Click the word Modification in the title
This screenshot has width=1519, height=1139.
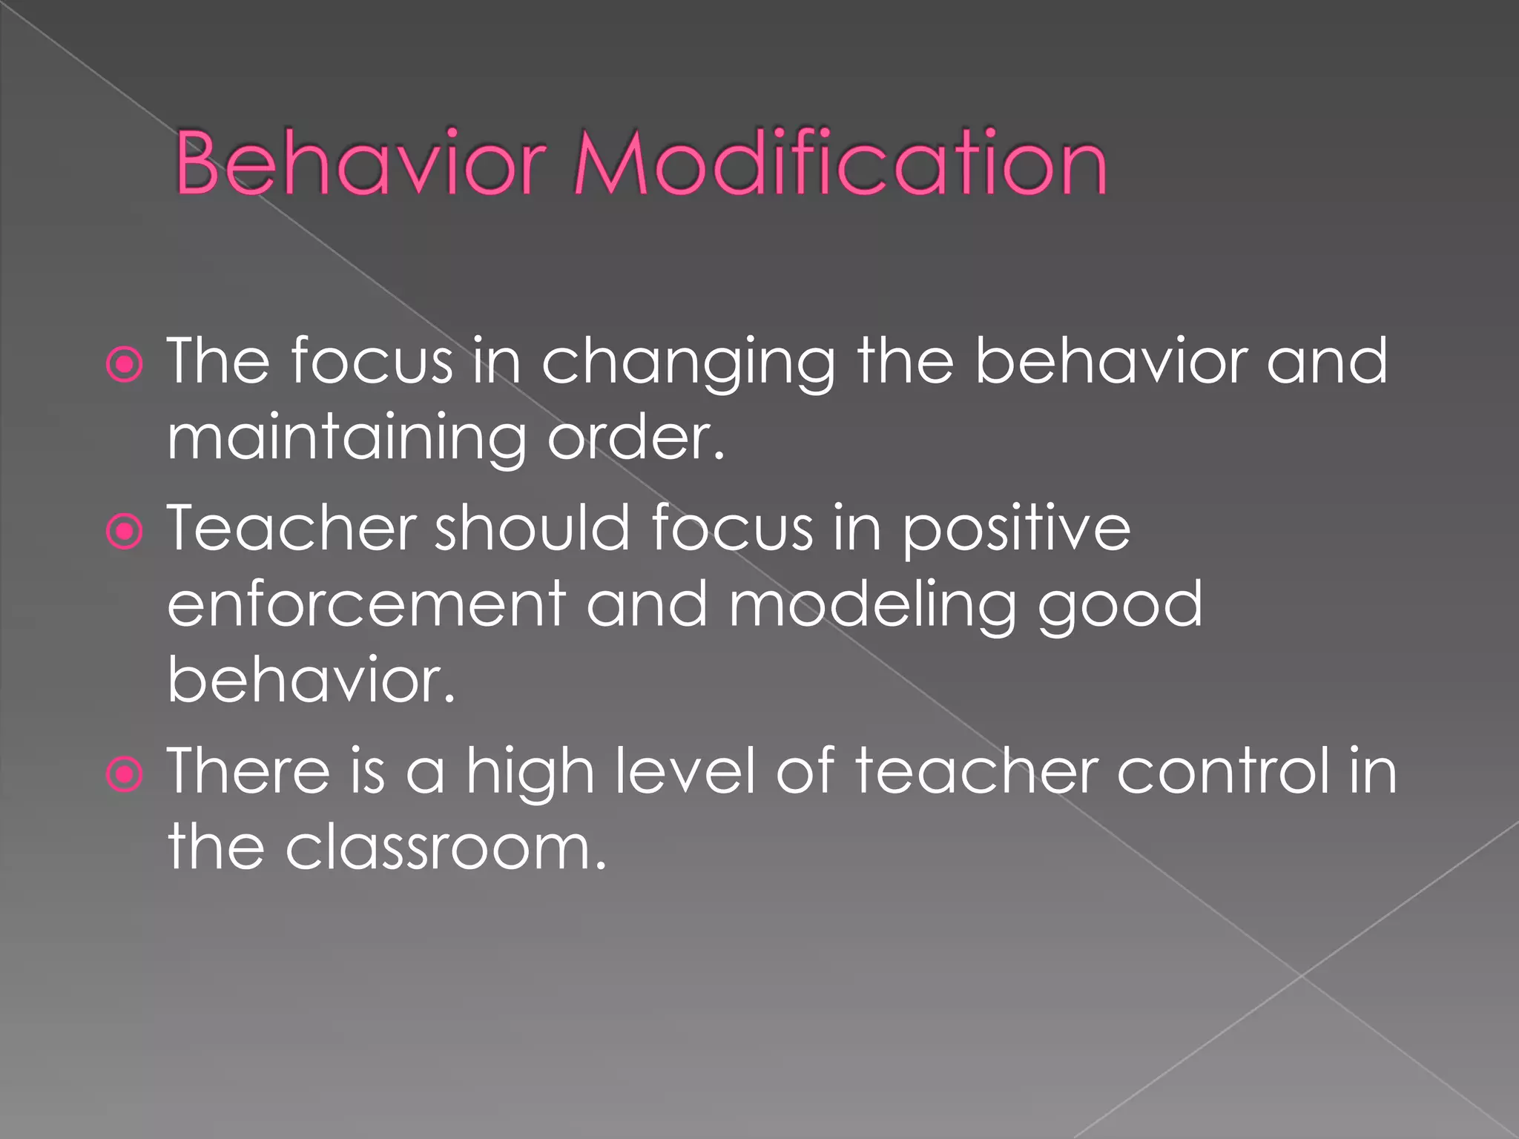point(840,163)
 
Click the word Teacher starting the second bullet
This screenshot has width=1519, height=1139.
point(291,529)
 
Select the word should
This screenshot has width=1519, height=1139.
point(532,529)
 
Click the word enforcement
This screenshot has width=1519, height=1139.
point(366,604)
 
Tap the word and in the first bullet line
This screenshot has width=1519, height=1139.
point(1325,362)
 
